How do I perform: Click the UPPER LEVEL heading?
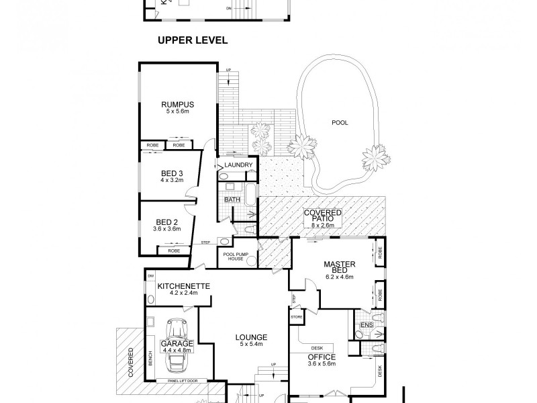[x=193, y=40]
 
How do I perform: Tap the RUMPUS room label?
[x=177, y=104]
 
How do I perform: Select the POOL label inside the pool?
[x=340, y=123]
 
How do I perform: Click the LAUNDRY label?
[x=238, y=165]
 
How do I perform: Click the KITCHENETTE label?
[x=183, y=286]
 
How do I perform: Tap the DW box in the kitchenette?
[x=151, y=276]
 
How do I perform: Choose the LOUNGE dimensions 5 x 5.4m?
[x=251, y=345]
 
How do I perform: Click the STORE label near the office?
[x=297, y=315]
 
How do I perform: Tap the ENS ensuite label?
[x=367, y=326]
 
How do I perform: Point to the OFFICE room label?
[x=321, y=357]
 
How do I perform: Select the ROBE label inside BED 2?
[x=174, y=251]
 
